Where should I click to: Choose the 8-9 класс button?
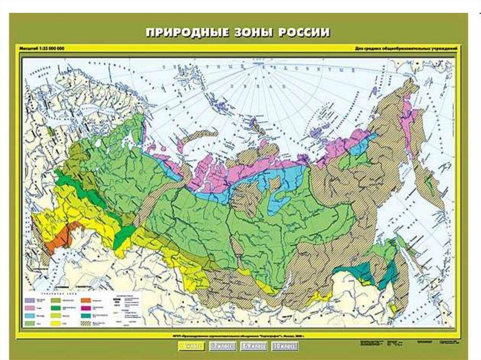tap(254, 347)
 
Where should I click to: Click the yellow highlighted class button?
tap(191, 347)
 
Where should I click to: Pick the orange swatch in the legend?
tap(86, 299)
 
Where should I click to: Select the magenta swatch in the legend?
tap(86, 307)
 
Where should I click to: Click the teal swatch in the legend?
tap(86, 315)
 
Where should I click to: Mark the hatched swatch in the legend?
tap(86, 323)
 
